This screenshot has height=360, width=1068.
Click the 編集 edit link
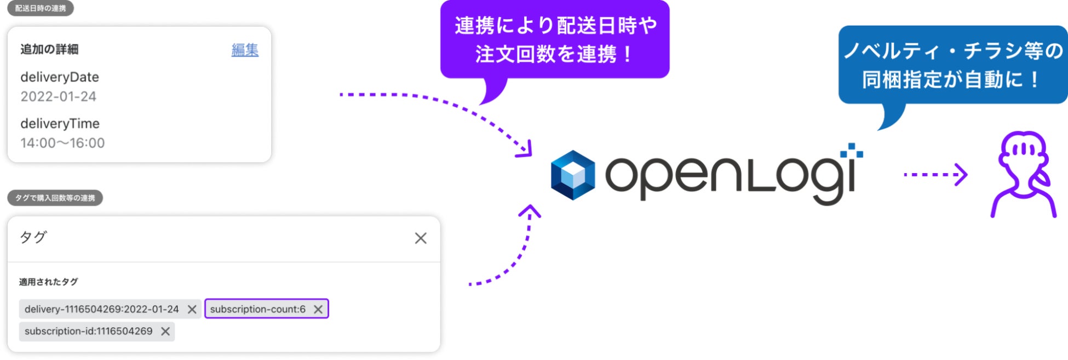tap(245, 50)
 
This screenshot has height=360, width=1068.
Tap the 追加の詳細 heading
tap(49, 49)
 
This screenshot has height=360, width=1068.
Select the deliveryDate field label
tap(60, 77)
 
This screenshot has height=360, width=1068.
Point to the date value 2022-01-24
tap(59, 96)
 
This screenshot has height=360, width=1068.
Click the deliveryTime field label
tap(60, 124)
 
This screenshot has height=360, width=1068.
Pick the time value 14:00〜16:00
tap(62, 143)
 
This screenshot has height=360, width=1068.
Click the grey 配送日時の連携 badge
tap(40, 8)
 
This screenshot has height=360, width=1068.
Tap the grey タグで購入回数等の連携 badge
tap(55, 198)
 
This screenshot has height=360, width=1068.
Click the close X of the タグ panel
tap(421, 238)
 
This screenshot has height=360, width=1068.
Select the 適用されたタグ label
tap(48, 282)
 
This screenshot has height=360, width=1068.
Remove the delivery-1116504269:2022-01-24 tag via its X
tap(192, 310)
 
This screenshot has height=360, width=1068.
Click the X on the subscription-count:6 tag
tap(318, 310)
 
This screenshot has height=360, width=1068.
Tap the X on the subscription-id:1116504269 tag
tap(165, 332)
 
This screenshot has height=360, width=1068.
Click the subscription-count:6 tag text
tap(257, 310)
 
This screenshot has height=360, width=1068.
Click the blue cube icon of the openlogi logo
tap(572, 175)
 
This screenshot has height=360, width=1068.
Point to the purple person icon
tap(1023, 174)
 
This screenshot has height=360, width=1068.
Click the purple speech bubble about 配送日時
tap(555, 39)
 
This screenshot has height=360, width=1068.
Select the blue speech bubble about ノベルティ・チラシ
tap(953, 65)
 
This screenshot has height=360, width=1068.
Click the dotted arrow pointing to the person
tap(935, 175)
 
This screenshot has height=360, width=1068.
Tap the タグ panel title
tap(33, 237)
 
